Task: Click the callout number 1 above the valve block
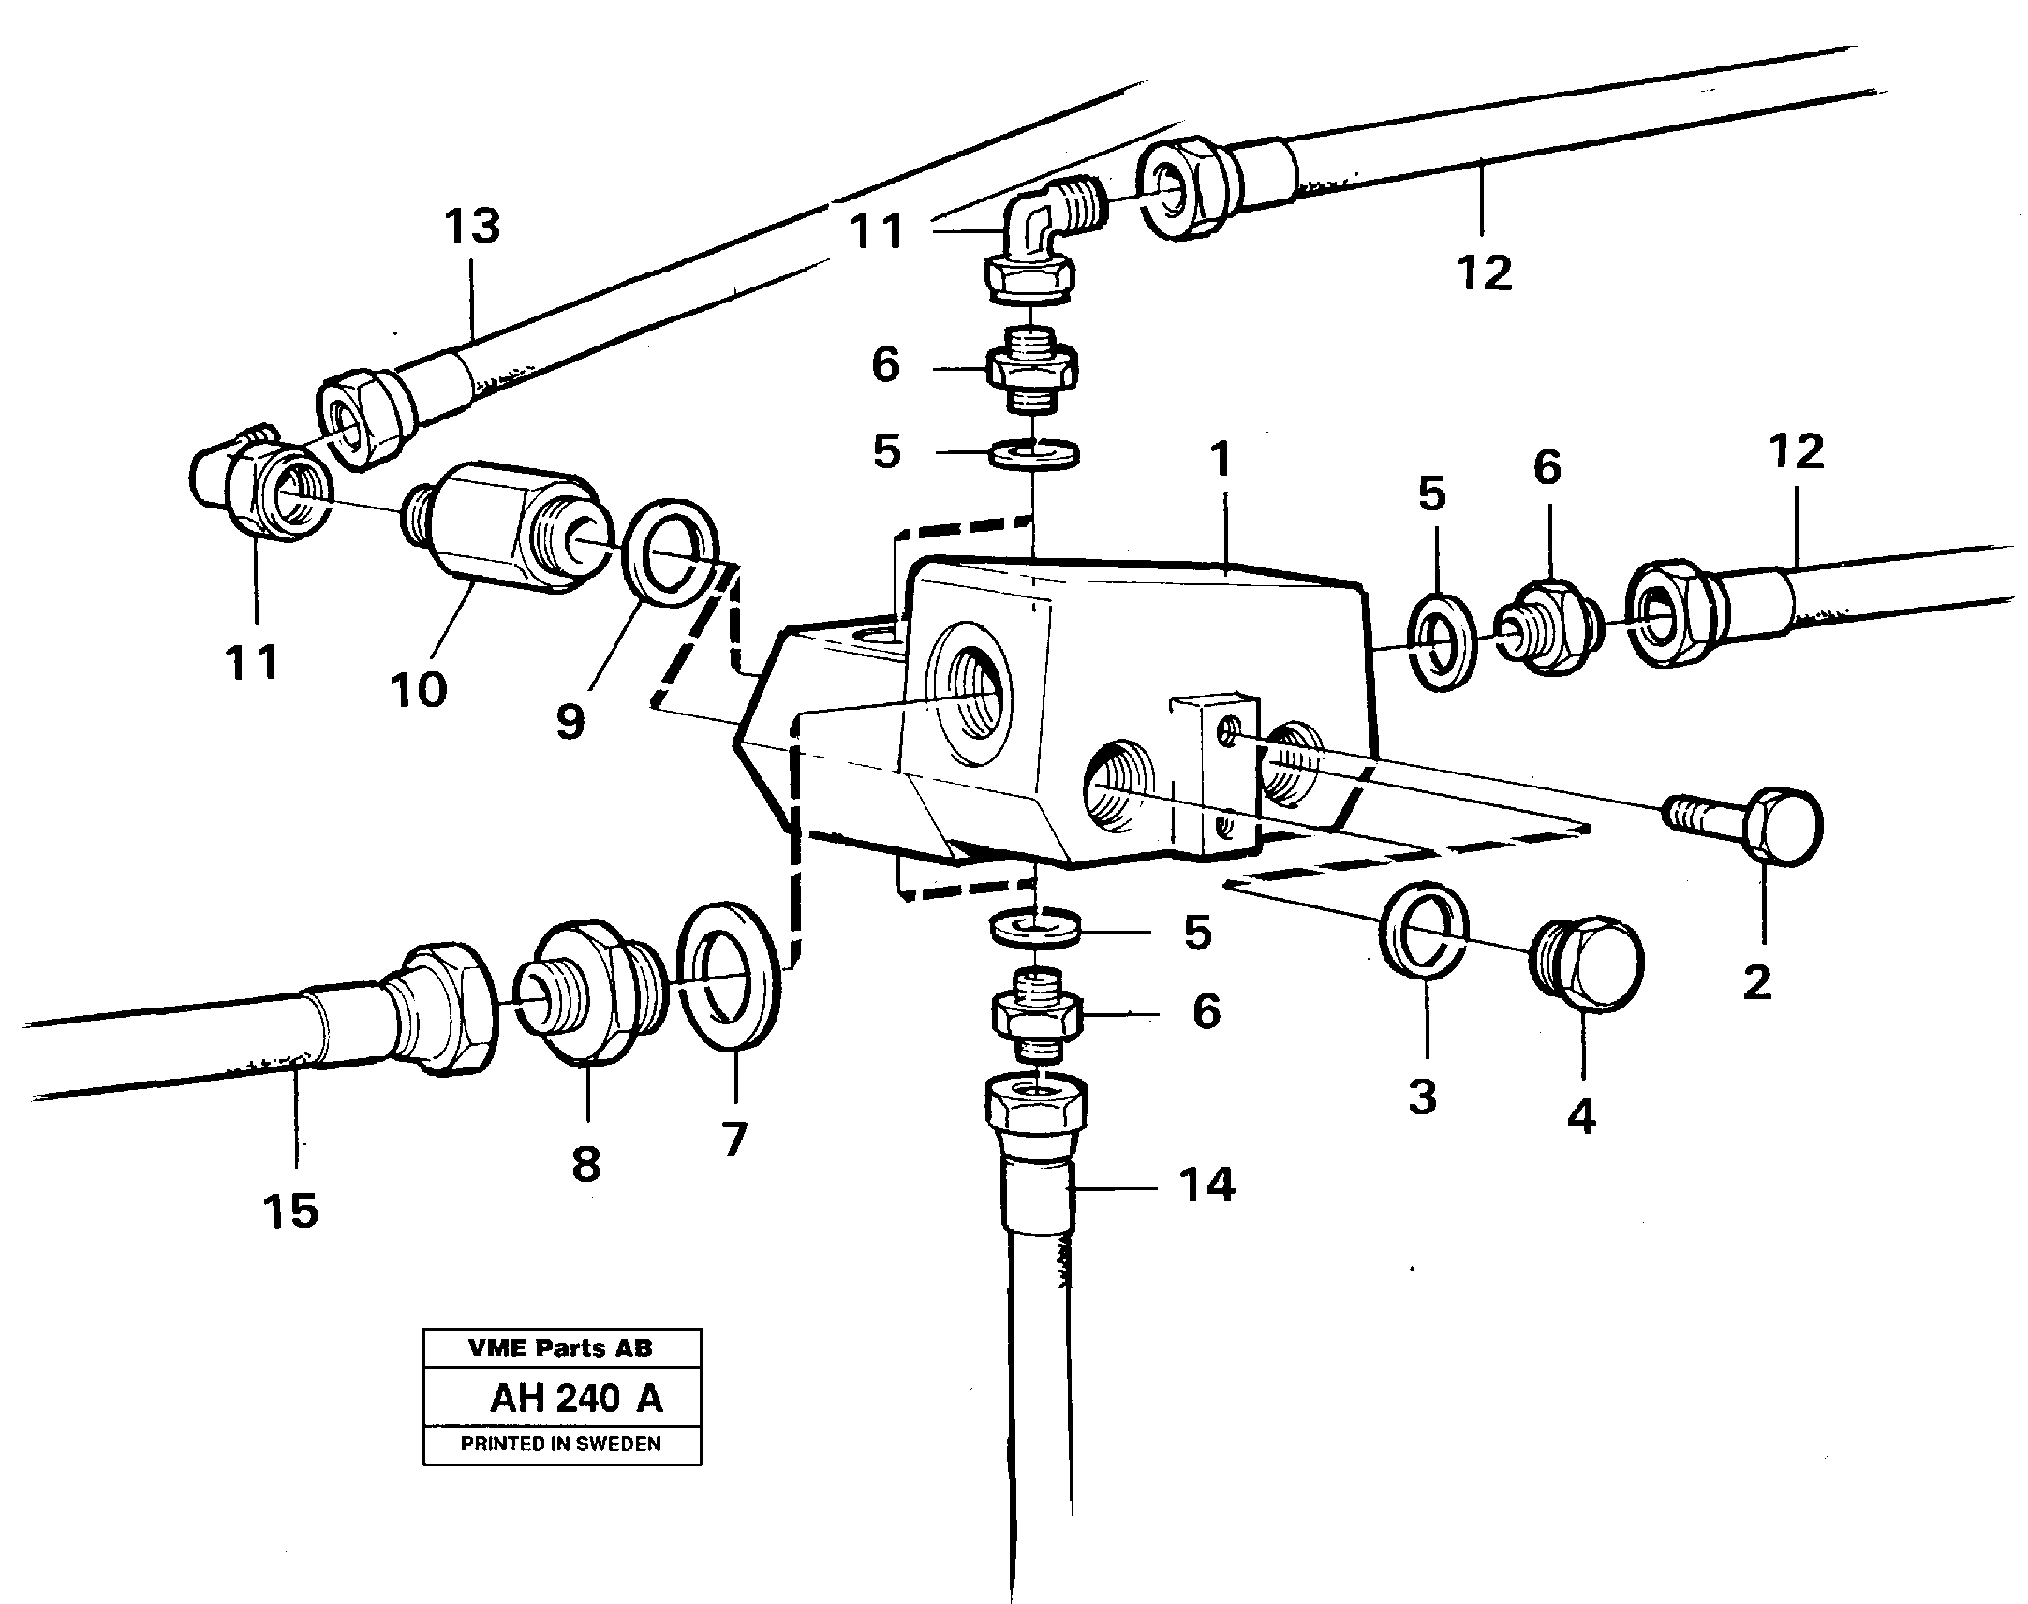(x=1220, y=460)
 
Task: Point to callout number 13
(x=472, y=228)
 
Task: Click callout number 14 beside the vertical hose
(x=1207, y=1185)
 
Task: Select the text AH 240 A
(x=576, y=1398)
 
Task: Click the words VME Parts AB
(x=561, y=1347)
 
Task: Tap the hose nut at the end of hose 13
(x=365, y=418)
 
